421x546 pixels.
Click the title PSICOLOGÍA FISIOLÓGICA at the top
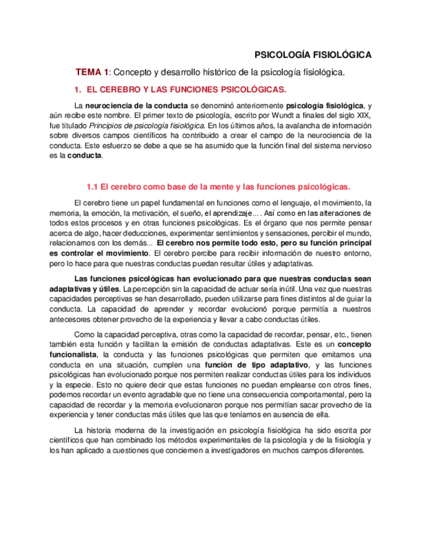[x=314, y=55]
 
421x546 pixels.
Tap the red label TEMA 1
[x=93, y=72]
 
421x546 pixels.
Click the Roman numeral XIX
[x=363, y=115]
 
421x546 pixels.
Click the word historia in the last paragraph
[x=107, y=430]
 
